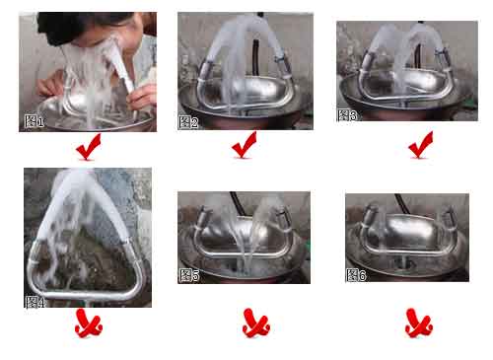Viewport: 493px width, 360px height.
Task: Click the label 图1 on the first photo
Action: [35, 122]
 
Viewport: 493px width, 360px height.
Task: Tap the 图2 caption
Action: [188, 122]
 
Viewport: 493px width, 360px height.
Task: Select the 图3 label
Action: [347, 115]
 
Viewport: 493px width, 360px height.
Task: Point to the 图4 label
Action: [35, 301]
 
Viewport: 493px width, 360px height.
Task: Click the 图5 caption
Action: [189, 275]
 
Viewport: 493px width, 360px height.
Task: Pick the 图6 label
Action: [356, 274]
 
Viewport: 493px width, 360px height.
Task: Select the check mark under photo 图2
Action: [244, 149]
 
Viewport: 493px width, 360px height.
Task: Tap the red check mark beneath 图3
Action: [421, 145]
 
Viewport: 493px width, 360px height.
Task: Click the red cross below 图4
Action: [89, 323]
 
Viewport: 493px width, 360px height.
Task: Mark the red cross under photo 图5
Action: [255, 323]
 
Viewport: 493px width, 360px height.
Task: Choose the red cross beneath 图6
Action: [418, 323]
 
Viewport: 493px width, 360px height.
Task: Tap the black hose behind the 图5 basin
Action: [235, 201]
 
